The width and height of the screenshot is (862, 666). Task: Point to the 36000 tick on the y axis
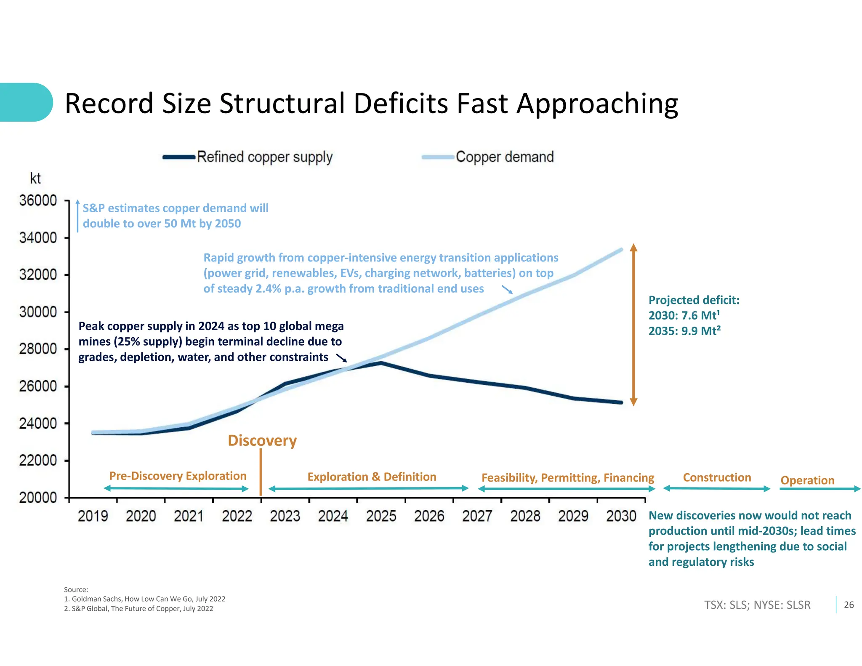tap(38, 201)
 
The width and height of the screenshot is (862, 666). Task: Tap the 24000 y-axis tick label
tap(38, 424)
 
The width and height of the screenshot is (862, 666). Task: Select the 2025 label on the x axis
tap(381, 516)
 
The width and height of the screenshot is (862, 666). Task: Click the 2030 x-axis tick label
tap(621, 516)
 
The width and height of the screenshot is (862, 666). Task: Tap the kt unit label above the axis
tap(35, 178)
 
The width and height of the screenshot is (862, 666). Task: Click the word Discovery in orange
tap(262, 441)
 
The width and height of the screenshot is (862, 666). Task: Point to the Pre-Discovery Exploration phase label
tap(178, 476)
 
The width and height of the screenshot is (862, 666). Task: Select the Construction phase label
tap(717, 478)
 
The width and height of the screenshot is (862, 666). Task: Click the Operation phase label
tap(807, 480)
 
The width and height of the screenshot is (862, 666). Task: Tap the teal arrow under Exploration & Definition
tap(368, 489)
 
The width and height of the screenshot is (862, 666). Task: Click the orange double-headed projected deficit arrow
tap(633, 324)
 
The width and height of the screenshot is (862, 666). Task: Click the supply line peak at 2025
tap(381, 362)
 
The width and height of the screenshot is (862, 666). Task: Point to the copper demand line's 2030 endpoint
tap(621, 250)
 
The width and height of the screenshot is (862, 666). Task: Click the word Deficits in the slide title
tap(402, 104)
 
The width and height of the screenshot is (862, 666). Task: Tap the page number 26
tap(849, 605)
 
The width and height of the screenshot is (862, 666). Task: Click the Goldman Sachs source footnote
tap(145, 599)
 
